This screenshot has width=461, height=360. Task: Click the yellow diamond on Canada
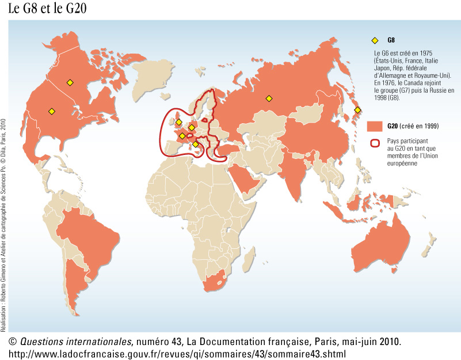click(70, 82)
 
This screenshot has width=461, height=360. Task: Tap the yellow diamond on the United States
click(51, 111)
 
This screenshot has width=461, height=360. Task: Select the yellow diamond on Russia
click(268, 98)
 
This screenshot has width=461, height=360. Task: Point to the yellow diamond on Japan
click(357, 109)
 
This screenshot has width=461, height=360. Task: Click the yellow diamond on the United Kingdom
click(179, 122)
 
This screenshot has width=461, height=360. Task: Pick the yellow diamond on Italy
click(196, 144)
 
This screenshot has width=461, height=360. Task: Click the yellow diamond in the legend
click(375, 40)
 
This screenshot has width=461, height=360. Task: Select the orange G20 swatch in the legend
click(375, 126)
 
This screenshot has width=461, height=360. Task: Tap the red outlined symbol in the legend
click(375, 143)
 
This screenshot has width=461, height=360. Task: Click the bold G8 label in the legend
click(391, 40)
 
